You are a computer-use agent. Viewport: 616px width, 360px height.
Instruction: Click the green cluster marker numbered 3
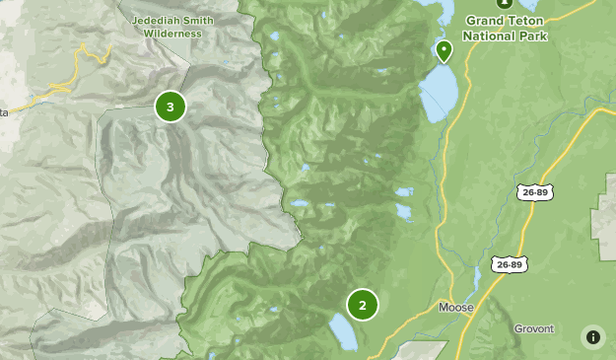(x=171, y=107)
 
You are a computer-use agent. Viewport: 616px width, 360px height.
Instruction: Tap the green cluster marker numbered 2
(x=363, y=305)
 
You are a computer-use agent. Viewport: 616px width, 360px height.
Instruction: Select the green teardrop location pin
(x=444, y=50)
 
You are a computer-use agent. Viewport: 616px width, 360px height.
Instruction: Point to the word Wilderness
(x=172, y=33)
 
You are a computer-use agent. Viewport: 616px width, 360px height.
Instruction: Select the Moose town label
(x=455, y=308)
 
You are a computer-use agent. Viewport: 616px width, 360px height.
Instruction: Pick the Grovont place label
(x=534, y=328)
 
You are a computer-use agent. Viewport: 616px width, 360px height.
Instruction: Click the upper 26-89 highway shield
(x=535, y=191)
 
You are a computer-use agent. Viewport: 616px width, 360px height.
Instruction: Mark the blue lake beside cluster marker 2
(x=342, y=332)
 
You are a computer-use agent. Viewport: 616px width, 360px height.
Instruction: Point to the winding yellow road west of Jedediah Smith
(x=59, y=89)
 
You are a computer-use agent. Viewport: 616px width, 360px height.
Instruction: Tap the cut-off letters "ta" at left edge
(x=4, y=112)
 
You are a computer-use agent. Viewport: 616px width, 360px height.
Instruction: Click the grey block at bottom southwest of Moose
(x=423, y=350)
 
